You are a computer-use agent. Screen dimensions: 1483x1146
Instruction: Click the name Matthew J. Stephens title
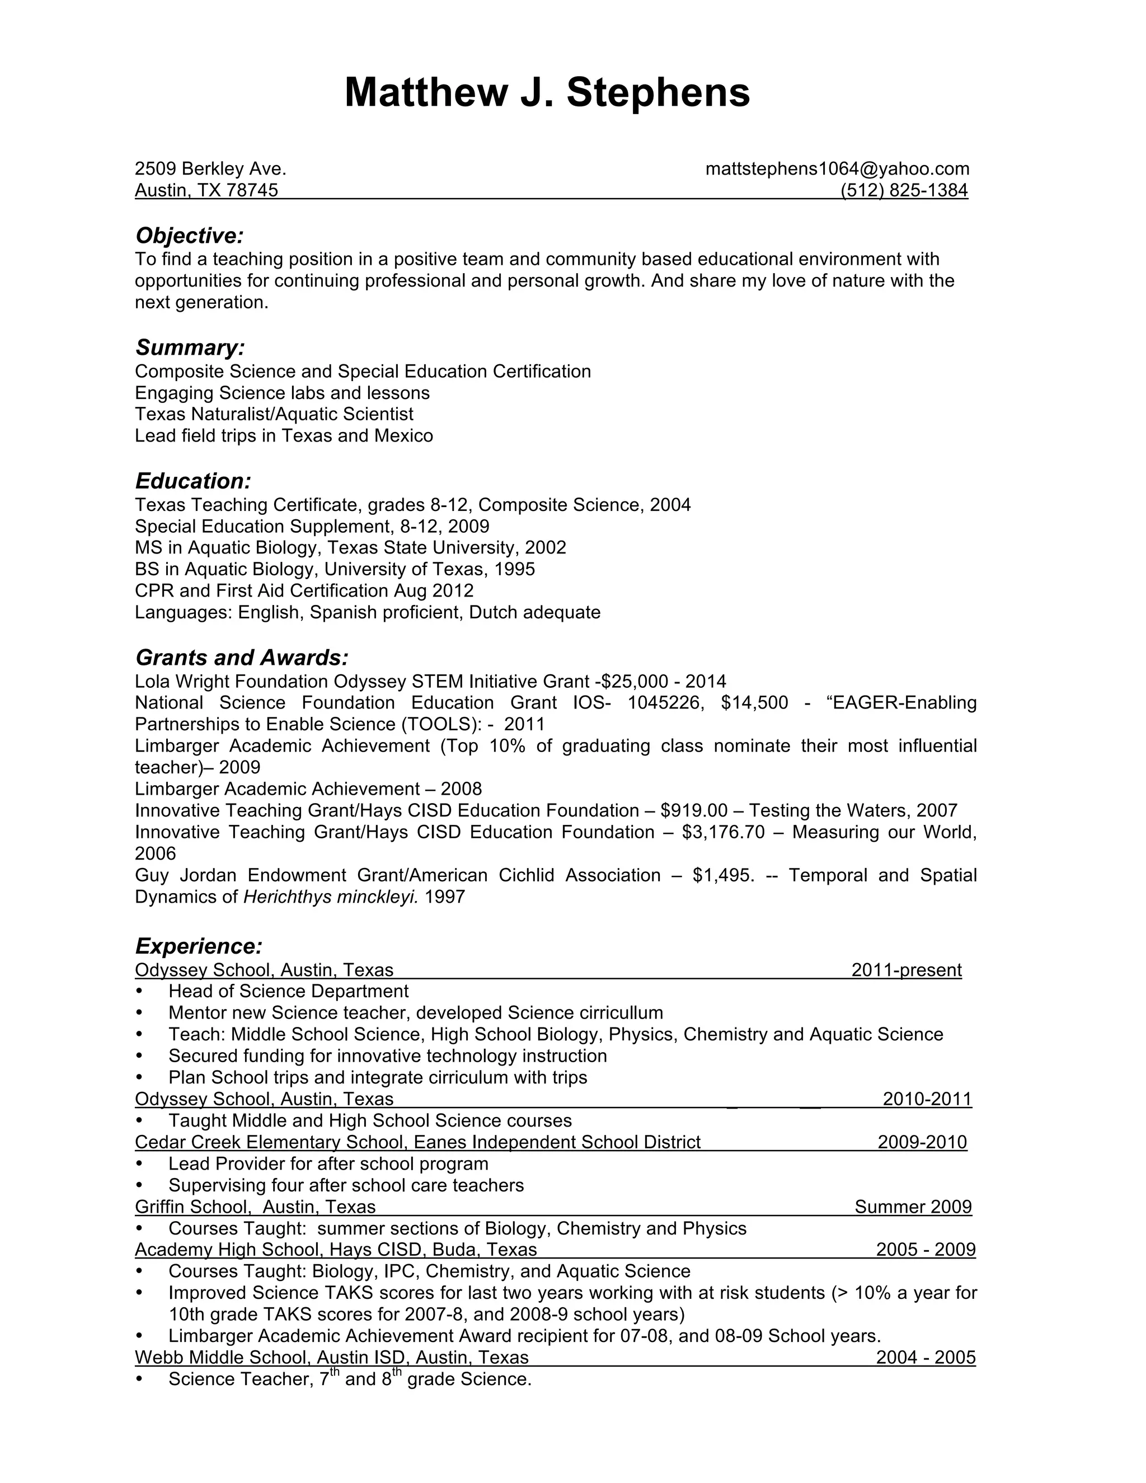tap(547, 92)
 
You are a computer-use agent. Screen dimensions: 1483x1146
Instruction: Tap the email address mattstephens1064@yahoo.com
tap(837, 168)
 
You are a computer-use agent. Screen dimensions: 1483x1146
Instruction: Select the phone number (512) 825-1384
tap(904, 190)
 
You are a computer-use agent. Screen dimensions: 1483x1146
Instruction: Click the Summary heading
tap(190, 347)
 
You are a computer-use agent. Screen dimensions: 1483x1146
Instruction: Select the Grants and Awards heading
tap(242, 658)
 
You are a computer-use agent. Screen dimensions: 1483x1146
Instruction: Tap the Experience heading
tap(198, 946)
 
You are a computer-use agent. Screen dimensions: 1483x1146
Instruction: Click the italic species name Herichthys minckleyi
tap(331, 897)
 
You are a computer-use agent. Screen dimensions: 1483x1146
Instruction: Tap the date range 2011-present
tap(906, 970)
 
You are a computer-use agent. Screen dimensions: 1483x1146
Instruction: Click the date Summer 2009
tap(913, 1207)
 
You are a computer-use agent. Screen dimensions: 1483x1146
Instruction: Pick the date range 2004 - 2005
tap(926, 1358)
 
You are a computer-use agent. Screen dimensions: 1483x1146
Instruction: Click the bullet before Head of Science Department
tap(140, 992)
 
